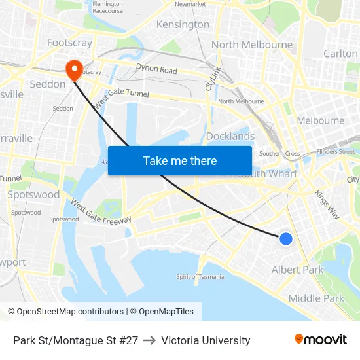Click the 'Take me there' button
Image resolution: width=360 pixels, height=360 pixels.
coord(180,160)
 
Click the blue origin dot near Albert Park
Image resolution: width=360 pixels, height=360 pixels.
coord(286,239)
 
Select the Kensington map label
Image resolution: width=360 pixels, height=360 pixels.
coord(183,25)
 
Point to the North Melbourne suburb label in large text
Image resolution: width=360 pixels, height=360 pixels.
coord(252,45)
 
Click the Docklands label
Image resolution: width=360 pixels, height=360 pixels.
coord(230,136)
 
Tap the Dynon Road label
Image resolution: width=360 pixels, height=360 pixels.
coord(156,69)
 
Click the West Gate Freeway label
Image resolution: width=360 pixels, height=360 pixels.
coord(101,211)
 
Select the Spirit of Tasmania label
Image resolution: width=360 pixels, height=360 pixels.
coord(200,276)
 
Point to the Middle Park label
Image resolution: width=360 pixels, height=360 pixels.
coord(316,298)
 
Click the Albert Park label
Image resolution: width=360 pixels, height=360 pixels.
coord(297,270)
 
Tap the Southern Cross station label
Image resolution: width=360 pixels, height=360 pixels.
coord(279,154)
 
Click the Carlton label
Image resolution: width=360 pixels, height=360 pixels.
coord(340,54)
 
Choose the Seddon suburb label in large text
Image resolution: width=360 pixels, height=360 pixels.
coord(48,84)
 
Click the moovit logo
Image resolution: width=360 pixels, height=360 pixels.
coord(320,340)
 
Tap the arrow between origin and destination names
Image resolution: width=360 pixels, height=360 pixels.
coord(149,340)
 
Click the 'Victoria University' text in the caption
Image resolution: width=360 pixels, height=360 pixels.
coord(206,340)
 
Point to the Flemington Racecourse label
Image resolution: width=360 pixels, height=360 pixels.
coord(108,7)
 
